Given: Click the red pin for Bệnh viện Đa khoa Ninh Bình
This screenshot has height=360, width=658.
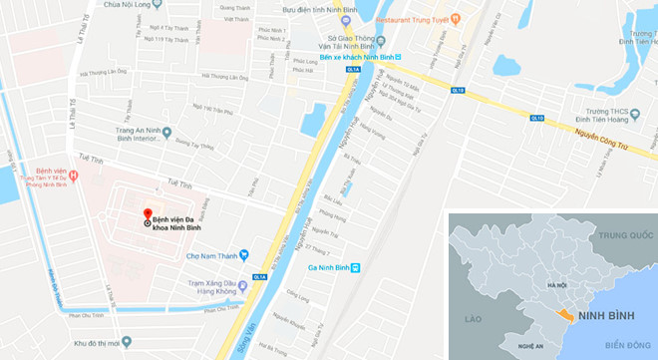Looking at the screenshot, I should pyautogui.click(x=148, y=214).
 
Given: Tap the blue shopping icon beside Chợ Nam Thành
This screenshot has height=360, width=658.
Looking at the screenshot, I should pyautogui.click(x=243, y=256).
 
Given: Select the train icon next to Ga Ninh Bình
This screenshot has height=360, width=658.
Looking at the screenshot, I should pyautogui.click(x=370, y=268).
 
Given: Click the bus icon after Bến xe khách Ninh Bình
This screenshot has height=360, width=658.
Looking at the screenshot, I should pyautogui.click(x=398, y=57).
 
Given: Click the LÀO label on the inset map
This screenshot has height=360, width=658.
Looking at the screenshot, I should pyautogui.click(x=474, y=318).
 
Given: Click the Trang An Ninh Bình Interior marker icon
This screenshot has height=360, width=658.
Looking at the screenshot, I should pyautogui.click(x=166, y=132).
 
